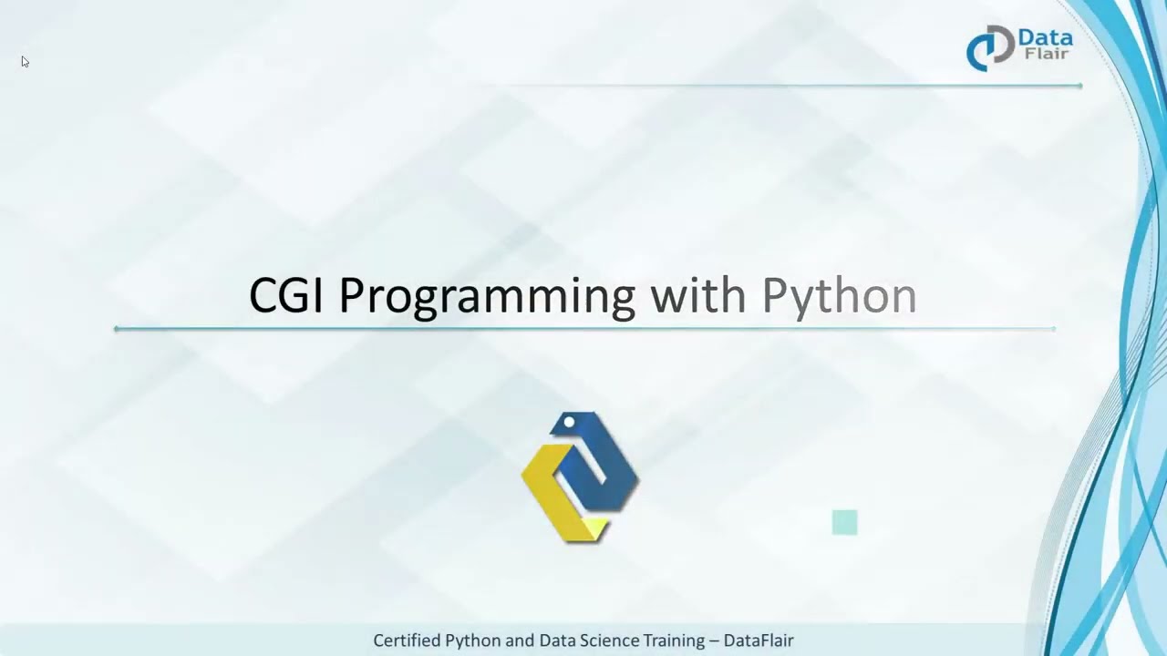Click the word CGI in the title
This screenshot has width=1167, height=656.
pos(285,296)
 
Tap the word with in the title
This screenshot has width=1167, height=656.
pos(697,296)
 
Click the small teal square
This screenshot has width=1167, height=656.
pos(844,522)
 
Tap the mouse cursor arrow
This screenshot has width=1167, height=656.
pos(25,62)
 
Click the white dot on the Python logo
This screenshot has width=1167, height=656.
pos(569,422)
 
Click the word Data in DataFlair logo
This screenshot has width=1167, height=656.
pos(1045,38)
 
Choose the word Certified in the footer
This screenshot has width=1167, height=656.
pos(407,641)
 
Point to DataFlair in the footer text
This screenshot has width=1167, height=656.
pos(759,641)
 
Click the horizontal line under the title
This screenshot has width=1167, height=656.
pos(583,328)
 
